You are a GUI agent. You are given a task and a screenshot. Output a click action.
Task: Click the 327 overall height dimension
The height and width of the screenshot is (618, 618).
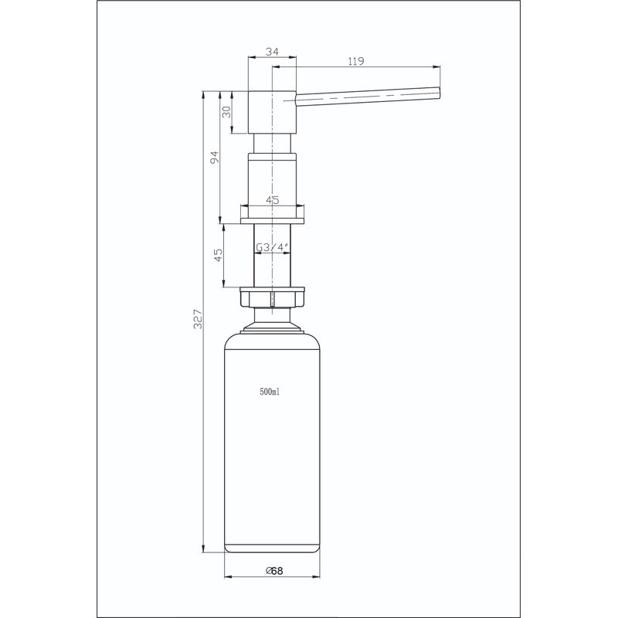pyautogui.click(x=198, y=320)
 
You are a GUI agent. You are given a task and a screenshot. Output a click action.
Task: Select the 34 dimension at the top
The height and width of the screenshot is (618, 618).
pyautogui.click(x=271, y=51)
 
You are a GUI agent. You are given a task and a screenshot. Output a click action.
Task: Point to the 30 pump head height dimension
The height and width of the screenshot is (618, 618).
pyautogui.click(x=226, y=111)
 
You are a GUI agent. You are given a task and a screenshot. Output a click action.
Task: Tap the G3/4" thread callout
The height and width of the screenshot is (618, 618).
pyautogui.click(x=273, y=248)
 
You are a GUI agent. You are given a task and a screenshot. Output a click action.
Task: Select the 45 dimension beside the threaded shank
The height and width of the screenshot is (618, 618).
pyautogui.click(x=219, y=256)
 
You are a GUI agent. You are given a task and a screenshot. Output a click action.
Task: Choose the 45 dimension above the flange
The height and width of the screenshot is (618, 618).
pyautogui.click(x=272, y=199)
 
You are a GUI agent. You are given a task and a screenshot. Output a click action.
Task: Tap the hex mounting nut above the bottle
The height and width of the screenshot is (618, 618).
pyautogui.click(x=273, y=298)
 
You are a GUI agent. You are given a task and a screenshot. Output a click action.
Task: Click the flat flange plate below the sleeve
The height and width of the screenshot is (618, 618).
pyautogui.click(x=273, y=221)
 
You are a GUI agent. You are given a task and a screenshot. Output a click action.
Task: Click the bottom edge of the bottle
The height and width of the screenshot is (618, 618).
pyautogui.click(x=273, y=552)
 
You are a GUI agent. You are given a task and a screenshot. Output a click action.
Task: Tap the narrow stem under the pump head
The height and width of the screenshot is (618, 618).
pyautogui.click(x=272, y=144)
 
